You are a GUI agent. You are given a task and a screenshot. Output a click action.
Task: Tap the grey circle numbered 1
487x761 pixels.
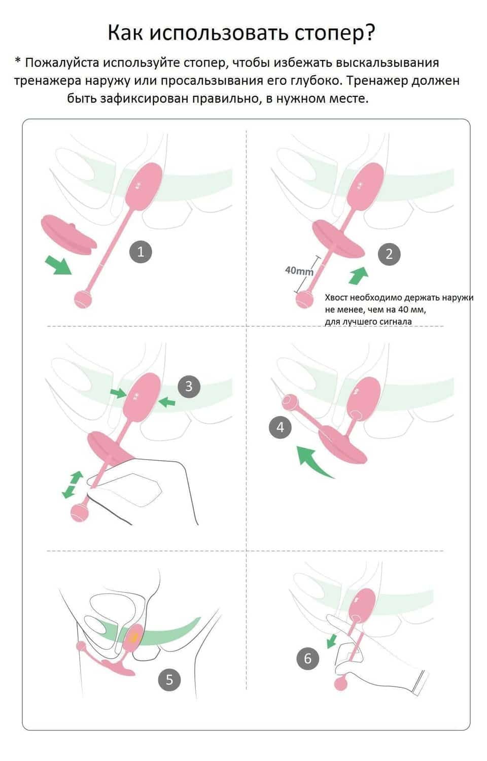pyautogui.click(x=141, y=252)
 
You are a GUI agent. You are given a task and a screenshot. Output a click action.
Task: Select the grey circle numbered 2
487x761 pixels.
pyautogui.click(x=389, y=254)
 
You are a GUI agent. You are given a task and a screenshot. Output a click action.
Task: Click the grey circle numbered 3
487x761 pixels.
pyautogui.click(x=189, y=386)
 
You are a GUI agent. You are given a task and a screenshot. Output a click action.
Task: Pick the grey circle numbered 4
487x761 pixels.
pyautogui.click(x=280, y=427)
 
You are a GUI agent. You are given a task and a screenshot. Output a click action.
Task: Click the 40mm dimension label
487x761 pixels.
pyautogui.click(x=299, y=271)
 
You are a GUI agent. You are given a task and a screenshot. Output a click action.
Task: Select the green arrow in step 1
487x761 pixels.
pyautogui.click(x=58, y=265)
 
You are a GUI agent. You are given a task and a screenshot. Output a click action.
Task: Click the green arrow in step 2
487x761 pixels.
pyautogui.click(x=358, y=275)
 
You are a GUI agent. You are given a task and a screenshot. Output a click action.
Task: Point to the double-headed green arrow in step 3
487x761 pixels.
pyautogui.click(x=73, y=485)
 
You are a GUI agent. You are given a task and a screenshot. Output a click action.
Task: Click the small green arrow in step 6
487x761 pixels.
pyautogui.click(x=331, y=641)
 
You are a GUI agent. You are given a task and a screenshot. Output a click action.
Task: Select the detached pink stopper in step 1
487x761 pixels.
pyautogui.click(x=69, y=234)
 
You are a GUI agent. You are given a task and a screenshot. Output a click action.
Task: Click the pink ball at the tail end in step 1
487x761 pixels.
pyautogui.click(x=83, y=299)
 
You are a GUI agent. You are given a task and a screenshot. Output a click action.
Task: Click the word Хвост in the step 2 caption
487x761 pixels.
pyautogui.click(x=336, y=298)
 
